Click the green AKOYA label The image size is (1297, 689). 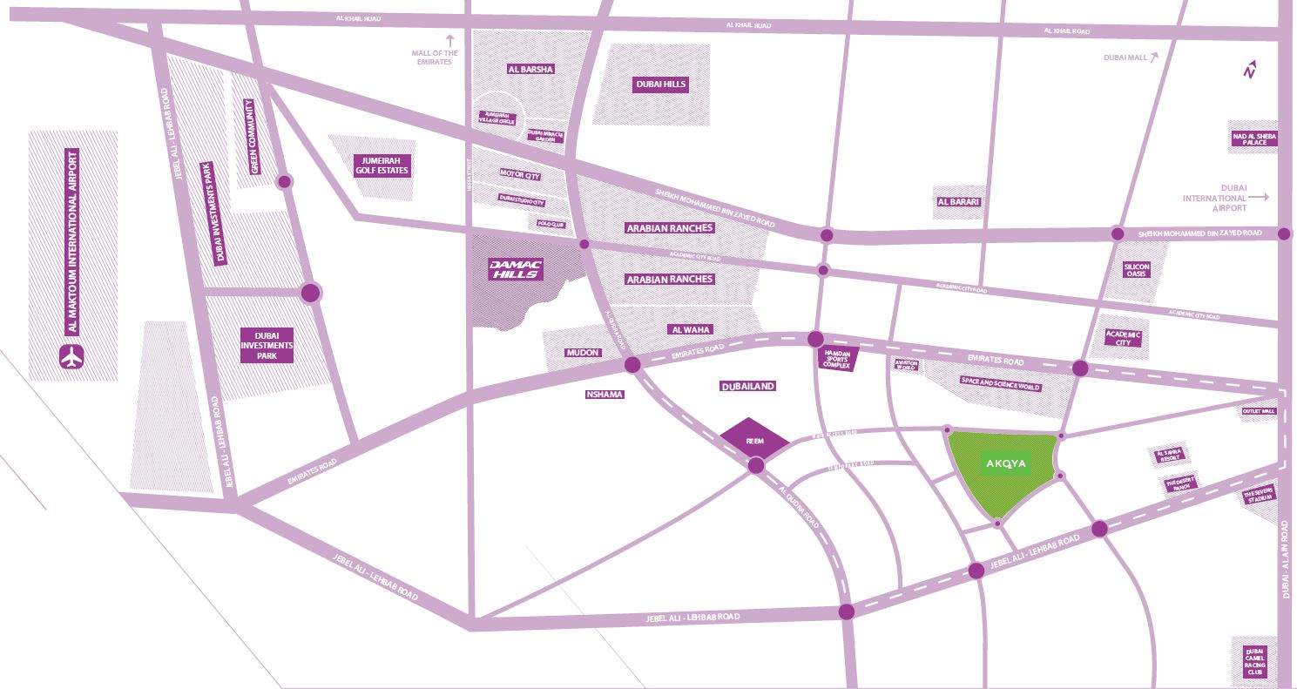click(x=1006, y=464)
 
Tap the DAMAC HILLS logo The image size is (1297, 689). click(x=516, y=270)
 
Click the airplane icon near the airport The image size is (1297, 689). click(x=72, y=357)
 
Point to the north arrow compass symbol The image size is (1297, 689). click(x=1250, y=70)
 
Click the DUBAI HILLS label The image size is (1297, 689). click(x=660, y=84)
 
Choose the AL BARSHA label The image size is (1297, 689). click(x=530, y=69)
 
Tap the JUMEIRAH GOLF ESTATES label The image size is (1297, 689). click(x=381, y=165)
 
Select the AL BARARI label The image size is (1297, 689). click(x=958, y=202)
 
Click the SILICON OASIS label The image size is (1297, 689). click(x=1137, y=270)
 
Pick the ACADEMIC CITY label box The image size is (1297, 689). click(x=1123, y=338)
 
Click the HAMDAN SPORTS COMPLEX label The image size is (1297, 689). click(x=841, y=359)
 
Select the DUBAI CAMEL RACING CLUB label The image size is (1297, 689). click(x=1254, y=662)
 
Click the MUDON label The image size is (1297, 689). click(x=583, y=353)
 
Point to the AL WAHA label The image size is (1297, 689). click(x=691, y=329)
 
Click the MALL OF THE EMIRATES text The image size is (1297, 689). click(x=435, y=57)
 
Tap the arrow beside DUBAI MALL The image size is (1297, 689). click(x=1154, y=57)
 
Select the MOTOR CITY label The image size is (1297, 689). click(x=520, y=176)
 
